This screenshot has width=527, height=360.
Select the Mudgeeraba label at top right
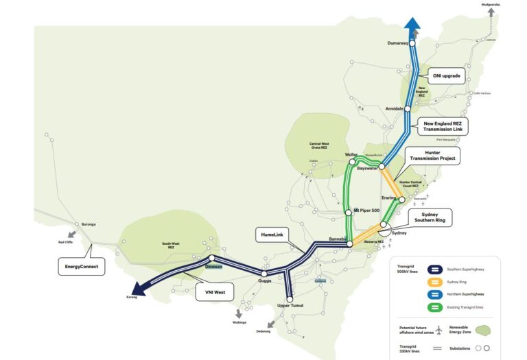click(491, 5)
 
